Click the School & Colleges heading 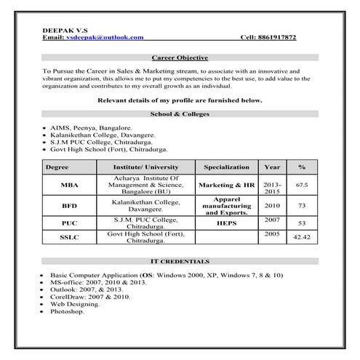[x=180, y=113]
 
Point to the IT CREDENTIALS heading [x=180, y=260]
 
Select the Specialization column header [x=226, y=167]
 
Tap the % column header [x=301, y=167]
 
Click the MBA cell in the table [x=70, y=185]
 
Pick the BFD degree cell [x=70, y=205]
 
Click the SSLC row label [x=70, y=238]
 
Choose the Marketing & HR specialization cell [x=226, y=185]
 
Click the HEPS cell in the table [x=226, y=223]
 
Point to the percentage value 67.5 [x=301, y=185]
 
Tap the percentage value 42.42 [x=301, y=238]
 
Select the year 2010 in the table [x=272, y=205]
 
